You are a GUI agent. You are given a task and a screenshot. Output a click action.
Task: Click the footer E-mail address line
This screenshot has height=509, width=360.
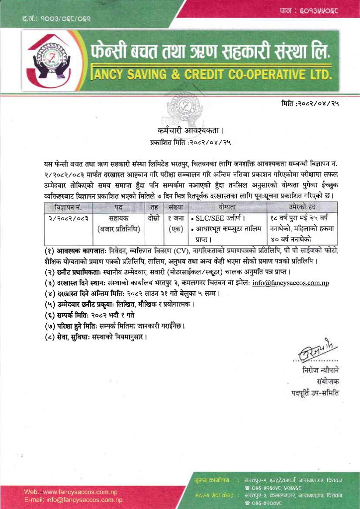[73, 499]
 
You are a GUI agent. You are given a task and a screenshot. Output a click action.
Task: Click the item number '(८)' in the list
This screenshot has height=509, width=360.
[50, 337]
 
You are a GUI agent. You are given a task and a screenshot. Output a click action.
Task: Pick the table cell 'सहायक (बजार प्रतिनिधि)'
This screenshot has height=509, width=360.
[118, 223]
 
